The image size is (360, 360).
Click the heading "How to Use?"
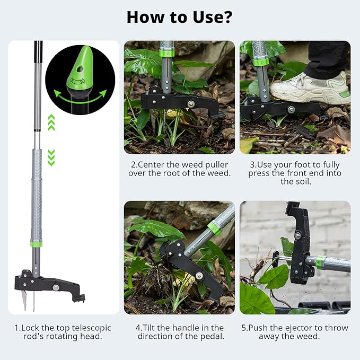180,17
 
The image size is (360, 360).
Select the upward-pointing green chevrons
51,123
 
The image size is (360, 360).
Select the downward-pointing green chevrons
51,157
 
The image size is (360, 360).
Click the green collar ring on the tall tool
36,243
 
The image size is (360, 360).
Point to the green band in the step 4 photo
214,228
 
